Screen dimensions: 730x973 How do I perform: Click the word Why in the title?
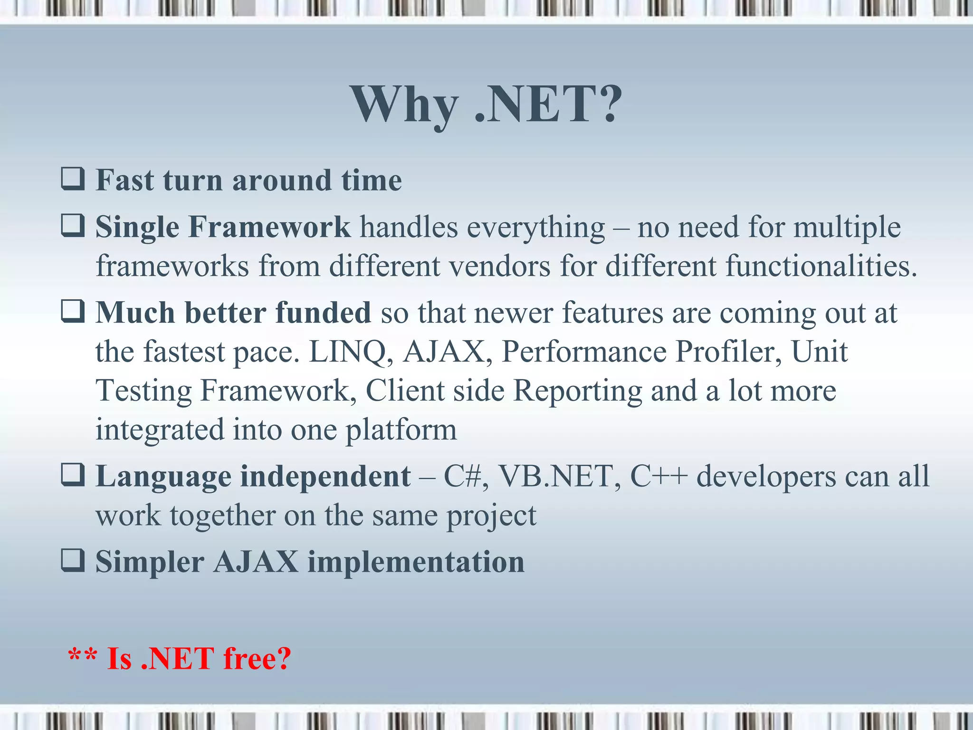[x=404, y=106]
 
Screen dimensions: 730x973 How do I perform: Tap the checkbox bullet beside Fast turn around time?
[x=73, y=179]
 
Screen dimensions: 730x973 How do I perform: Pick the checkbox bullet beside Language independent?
[x=73, y=475]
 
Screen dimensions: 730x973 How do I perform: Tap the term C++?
[x=658, y=476]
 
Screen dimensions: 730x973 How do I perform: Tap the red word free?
[x=257, y=659]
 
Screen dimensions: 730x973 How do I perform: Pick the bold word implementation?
[x=416, y=562]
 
